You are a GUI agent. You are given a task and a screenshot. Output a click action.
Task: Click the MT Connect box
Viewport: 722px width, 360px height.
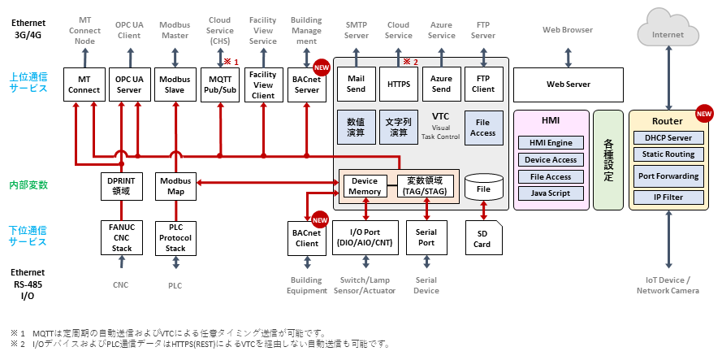pyautogui.click(x=84, y=85)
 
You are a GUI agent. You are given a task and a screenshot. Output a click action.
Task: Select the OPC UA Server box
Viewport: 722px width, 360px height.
pyautogui.click(x=129, y=85)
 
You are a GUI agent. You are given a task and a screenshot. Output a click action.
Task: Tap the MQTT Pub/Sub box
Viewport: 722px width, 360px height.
pyautogui.click(x=220, y=85)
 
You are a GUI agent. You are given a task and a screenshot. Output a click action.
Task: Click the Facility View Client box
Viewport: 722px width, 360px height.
pyautogui.click(x=263, y=85)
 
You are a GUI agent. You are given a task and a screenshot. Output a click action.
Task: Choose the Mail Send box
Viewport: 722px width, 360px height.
pyautogui.click(x=356, y=84)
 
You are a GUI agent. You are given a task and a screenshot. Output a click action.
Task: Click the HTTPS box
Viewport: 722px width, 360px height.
pyautogui.click(x=398, y=84)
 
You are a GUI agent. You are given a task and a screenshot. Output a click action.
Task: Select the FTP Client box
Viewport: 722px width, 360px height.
pyautogui.click(x=482, y=84)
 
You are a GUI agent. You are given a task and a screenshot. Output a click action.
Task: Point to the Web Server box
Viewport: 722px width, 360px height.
pyautogui.click(x=568, y=84)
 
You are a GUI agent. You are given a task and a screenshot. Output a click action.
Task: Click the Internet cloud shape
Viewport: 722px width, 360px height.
pyautogui.click(x=668, y=32)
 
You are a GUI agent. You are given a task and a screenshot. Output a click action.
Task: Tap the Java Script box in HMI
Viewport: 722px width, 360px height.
pyautogui.click(x=551, y=193)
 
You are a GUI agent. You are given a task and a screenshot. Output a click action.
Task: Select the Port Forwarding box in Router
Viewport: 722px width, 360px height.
pyautogui.click(x=668, y=176)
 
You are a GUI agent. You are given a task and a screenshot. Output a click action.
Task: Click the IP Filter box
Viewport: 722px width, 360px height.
pyautogui.click(x=668, y=197)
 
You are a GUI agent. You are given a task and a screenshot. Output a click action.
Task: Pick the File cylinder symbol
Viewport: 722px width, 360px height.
pyautogui.click(x=484, y=188)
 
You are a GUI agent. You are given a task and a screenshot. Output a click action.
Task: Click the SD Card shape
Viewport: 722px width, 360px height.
pyautogui.click(x=484, y=238)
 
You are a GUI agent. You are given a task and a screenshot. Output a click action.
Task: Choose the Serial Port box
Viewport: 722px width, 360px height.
pyautogui.click(x=426, y=238)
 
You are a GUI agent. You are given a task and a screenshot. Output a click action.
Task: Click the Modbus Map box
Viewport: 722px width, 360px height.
pyautogui.click(x=175, y=187)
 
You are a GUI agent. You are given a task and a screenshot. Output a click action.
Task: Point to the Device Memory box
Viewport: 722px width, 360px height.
pyautogui.click(x=366, y=186)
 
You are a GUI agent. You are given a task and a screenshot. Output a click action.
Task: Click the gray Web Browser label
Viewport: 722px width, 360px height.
pyautogui.click(x=568, y=30)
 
